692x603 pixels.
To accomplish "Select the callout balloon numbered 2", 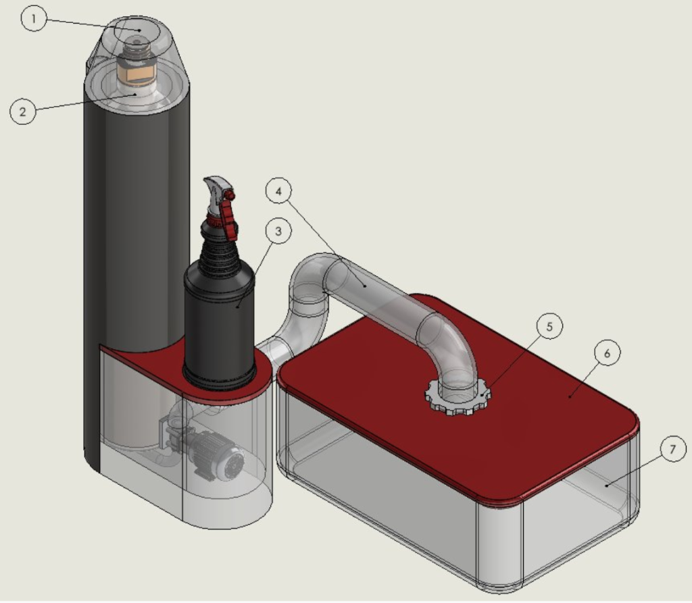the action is [23, 111].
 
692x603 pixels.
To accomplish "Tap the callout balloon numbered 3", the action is [278, 231].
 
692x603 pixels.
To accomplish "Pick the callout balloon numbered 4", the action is [278, 191].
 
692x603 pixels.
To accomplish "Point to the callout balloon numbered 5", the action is [549, 326].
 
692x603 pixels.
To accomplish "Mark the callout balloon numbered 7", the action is [673, 449].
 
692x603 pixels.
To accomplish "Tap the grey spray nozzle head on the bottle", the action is [216, 193].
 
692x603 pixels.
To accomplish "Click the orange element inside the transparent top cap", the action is [137, 74].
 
